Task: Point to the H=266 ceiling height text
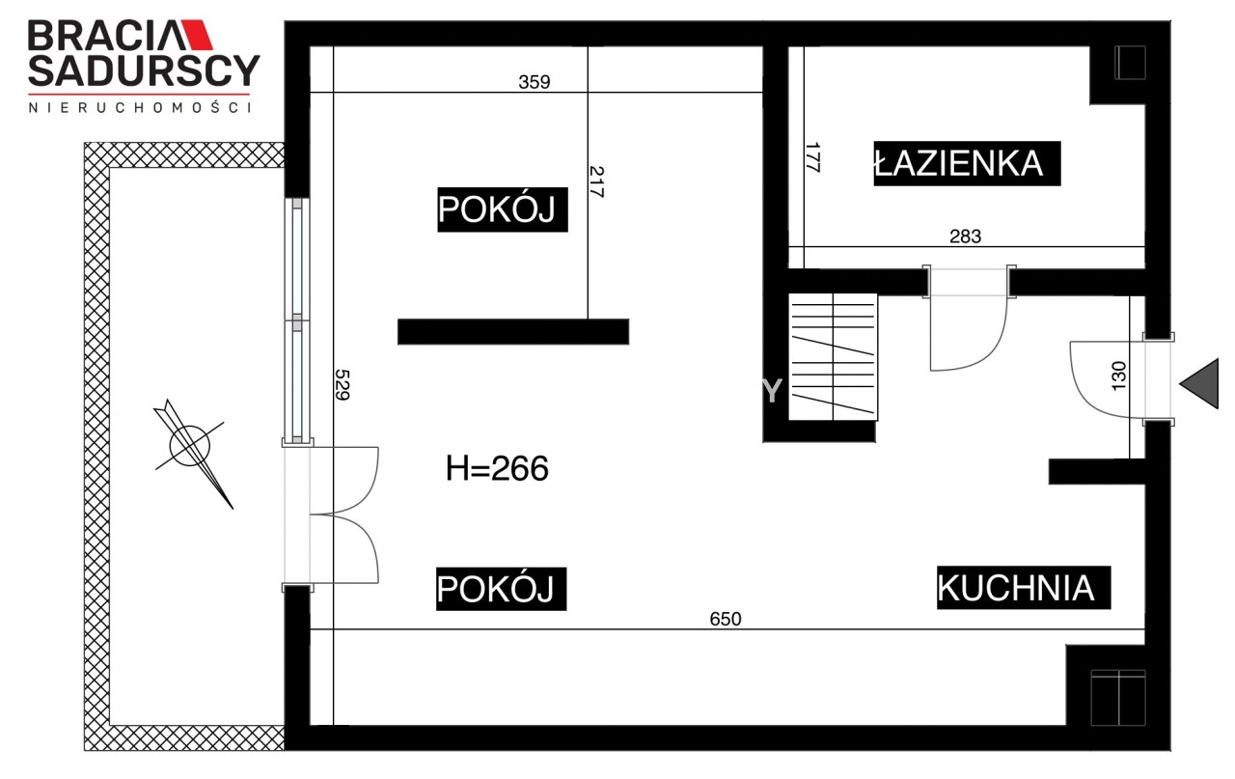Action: (497, 468)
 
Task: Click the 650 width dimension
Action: (725, 619)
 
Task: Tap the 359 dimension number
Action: (535, 82)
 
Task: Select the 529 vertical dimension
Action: (343, 384)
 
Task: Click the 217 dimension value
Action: (596, 182)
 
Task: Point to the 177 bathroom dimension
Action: (812, 157)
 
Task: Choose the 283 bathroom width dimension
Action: (966, 236)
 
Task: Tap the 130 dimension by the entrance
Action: (1118, 376)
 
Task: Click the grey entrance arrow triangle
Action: (1202, 384)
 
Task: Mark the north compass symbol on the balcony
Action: (191, 452)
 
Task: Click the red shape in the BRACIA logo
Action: (197, 36)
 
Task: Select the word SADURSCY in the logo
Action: (144, 70)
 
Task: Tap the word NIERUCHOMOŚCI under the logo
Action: (140, 107)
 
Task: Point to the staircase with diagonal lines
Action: (833, 357)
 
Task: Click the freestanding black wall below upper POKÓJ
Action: (513, 332)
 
